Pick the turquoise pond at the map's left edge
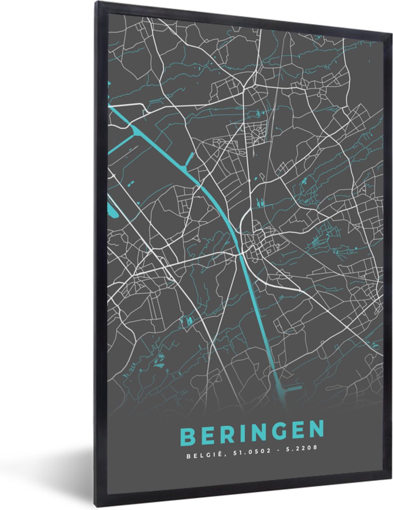coord(113,209)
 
